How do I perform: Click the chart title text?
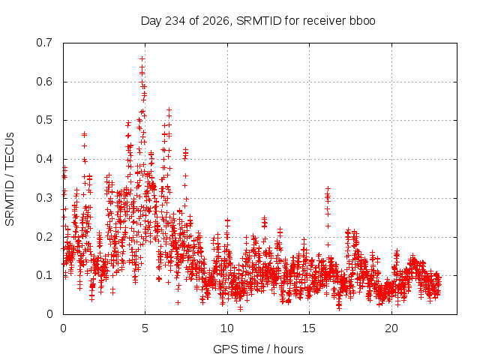click(258, 21)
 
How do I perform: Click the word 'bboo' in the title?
click(362, 21)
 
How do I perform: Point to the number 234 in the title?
click(175, 21)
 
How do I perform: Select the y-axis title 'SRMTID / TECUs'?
click(10, 179)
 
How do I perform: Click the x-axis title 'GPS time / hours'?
click(258, 349)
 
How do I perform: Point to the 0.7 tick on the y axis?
click(44, 43)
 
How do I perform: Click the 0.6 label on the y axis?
click(44, 82)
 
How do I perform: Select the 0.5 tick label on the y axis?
click(44, 120)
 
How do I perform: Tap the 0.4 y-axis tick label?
click(44, 159)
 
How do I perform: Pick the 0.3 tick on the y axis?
click(44, 198)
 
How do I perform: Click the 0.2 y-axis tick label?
click(44, 237)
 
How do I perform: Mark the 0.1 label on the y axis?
click(44, 275)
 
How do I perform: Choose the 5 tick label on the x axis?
click(145, 328)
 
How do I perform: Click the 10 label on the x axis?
click(227, 328)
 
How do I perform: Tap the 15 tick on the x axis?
click(309, 328)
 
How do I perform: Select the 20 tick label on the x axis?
click(391, 328)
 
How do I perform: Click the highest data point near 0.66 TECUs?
click(142, 58)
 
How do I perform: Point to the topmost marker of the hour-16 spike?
click(328, 189)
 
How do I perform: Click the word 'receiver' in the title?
click(324, 21)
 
